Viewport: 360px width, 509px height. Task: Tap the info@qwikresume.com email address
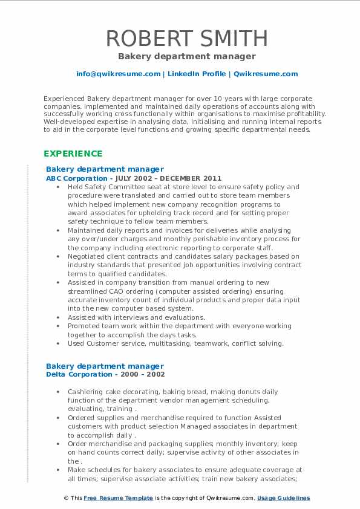pyautogui.click(x=118, y=74)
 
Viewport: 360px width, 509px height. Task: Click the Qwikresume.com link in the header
pyautogui.click(x=266, y=74)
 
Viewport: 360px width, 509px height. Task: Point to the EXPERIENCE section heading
pyautogui.click(x=72, y=154)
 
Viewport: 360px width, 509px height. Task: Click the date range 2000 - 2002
pyautogui.click(x=142, y=374)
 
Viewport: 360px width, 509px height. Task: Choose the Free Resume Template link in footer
pyautogui.click(x=110, y=498)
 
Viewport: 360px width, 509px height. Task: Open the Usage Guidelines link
pyautogui.click(x=283, y=498)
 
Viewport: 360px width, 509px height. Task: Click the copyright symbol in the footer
pyautogui.click(x=66, y=498)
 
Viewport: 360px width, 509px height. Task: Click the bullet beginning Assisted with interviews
pyautogui.click(x=136, y=317)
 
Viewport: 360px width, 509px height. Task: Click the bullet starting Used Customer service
pyautogui.click(x=175, y=343)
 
